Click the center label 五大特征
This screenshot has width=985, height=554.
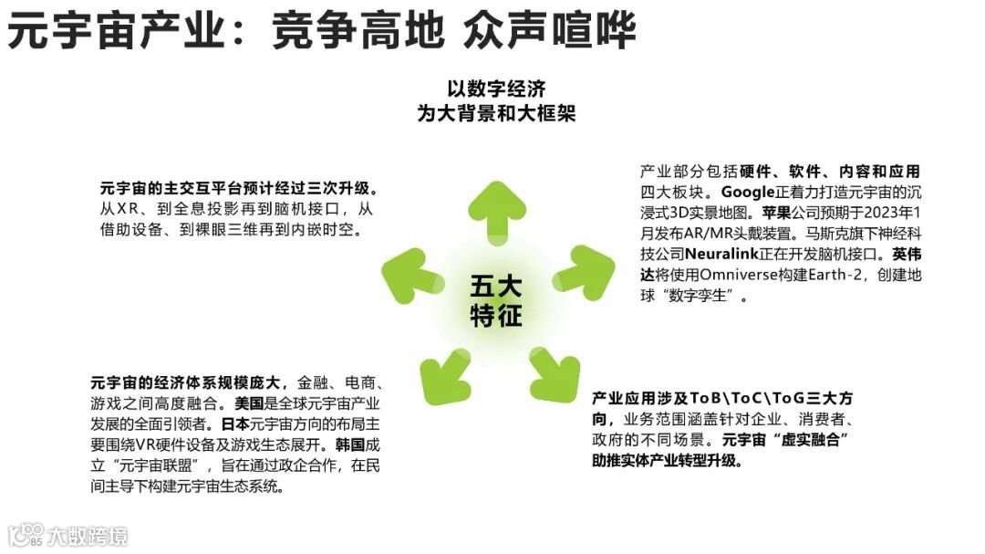[496, 301]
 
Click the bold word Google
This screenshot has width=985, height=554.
[747, 192]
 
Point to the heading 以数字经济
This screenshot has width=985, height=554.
[496, 89]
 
